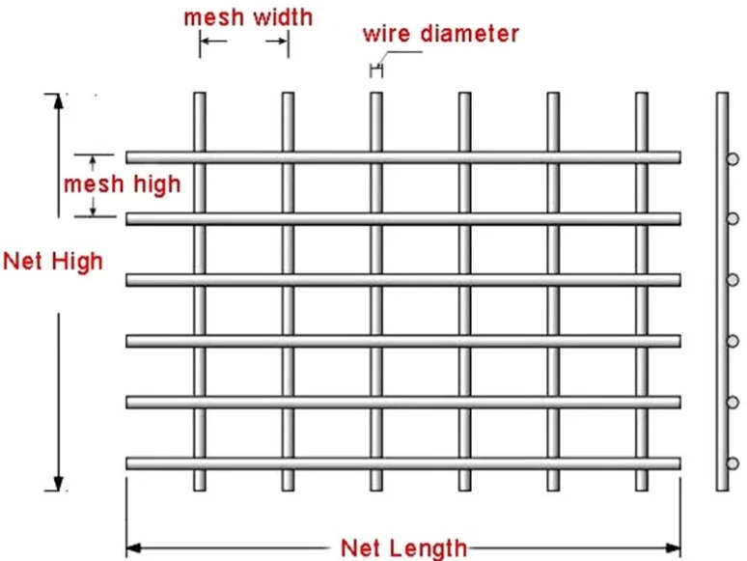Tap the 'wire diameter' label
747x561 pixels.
pyautogui.click(x=440, y=34)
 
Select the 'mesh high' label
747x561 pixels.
pyautogui.click(x=122, y=183)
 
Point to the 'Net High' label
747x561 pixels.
pyautogui.click(x=52, y=261)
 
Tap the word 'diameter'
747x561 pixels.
pyautogui.click(x=474, y=34)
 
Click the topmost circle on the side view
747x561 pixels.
pyautogui.click(x=733, y=157)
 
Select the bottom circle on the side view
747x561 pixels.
pyautogui.click(x=733, y=463)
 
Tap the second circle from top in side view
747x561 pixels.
pyautogui.click(x=733, y=218)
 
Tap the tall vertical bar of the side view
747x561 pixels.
pyautogui.click(x=721, y=290)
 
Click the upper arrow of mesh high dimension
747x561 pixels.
pyautogui.click(x=94, y=159)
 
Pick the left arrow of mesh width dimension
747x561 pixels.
pyautogui.click(x=208, y=42)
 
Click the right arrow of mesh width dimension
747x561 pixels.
pyautogui.click(x=280, y=42)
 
